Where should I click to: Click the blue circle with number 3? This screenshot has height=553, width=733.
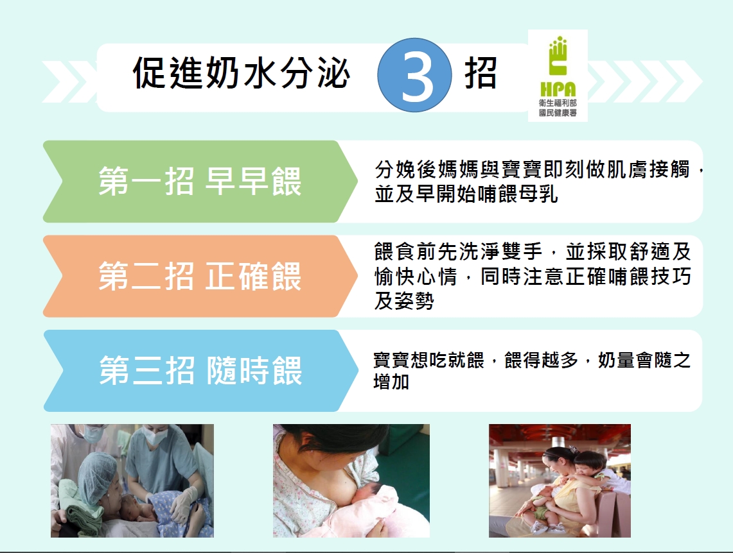[414, 75]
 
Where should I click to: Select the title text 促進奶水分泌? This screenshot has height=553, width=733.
[241, 73]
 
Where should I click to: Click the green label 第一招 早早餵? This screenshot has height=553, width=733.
[200, 181]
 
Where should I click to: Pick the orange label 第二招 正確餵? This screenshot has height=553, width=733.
[200, 276]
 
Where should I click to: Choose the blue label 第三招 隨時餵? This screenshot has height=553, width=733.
[200, 371]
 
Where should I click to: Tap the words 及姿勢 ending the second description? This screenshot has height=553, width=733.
[404, 301]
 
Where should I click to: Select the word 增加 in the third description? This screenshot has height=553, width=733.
[391, 382]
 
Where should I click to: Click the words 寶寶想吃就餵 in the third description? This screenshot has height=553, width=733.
[428, 361]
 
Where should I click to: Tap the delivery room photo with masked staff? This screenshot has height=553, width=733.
[132, 481]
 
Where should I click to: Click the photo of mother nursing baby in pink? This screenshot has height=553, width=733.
[351, 481]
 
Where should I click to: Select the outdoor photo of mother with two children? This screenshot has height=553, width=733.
[560, 481]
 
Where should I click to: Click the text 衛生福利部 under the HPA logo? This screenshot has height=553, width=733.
[558, 103]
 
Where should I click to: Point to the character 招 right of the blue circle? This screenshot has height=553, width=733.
[480, 73]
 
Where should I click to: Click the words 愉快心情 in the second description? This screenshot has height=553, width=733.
[416, 276]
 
